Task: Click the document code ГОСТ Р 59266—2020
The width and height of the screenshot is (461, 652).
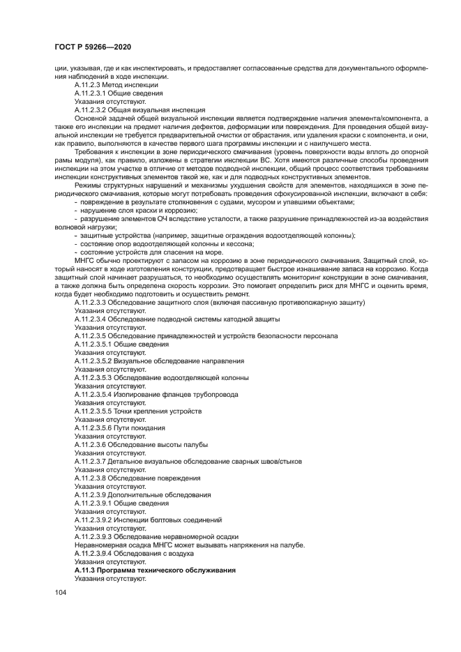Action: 92,47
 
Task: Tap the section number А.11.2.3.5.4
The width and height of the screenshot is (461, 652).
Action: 98,394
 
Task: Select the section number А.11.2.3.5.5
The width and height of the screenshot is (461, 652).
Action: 98,411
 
